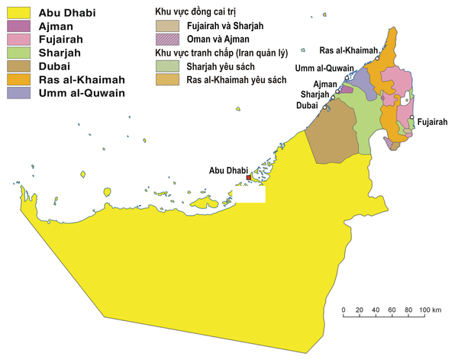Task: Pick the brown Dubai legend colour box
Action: tap(17, 66)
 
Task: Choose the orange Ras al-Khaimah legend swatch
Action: tap(17, 79)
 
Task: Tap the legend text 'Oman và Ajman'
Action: tap(218, 39)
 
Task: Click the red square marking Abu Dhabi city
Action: tap(248, 178)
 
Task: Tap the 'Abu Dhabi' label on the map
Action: tap(226, 170)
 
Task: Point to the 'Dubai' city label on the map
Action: tap(307, 106)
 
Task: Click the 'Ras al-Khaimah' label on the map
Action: tap(347, 50)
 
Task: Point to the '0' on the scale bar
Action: tap(344, 310)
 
